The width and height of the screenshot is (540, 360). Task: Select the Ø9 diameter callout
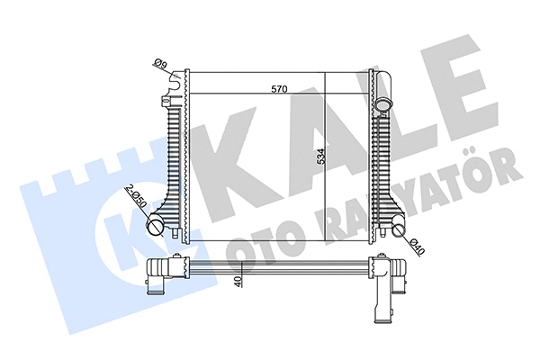pos(160,64)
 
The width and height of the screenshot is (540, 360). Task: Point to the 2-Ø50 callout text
pos(137,195)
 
